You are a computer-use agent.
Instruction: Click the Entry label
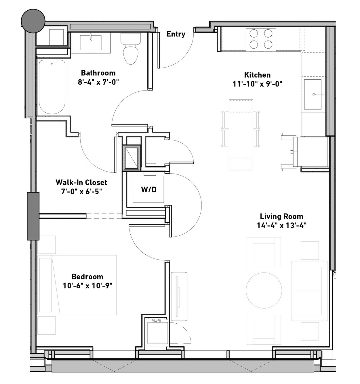click(x=176, y=34)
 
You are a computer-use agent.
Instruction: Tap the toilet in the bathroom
click(x=131, y=49)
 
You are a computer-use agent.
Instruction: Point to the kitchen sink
click(x=313, y=94)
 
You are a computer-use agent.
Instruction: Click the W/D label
click(x=148, y=190)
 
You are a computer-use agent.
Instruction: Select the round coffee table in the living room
click(x=264, y=290)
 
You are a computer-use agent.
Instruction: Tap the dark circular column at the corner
click(x=33, y=21)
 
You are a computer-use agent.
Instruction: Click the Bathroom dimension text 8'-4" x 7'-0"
click(x=98, y=82)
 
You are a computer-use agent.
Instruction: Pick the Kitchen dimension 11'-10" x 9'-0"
click(x=257, y=84)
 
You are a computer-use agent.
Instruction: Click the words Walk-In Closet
click(x=81, y=182)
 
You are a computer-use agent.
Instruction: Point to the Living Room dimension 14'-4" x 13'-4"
click(x=281, y=225)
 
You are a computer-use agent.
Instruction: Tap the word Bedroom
click(x=87, y=277)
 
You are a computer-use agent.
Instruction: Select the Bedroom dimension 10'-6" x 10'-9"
click(x=87, y=286)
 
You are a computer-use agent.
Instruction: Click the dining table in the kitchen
click(x=241, y=135)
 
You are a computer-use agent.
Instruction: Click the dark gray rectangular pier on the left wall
click(x=33, y=216)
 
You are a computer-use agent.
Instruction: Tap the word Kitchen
click(x=257, y=75)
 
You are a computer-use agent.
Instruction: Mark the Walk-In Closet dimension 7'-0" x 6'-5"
click(x=81, y=192)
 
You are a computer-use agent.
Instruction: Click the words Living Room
click(x=281, y=216)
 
